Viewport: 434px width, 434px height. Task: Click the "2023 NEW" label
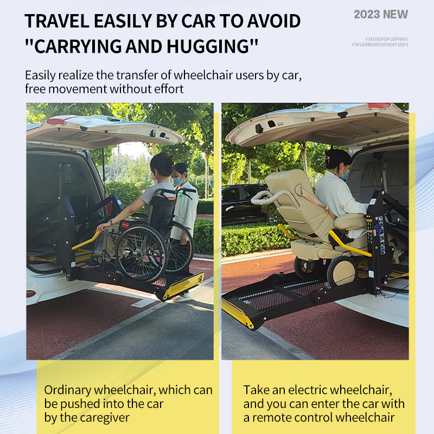(x=381, y=15)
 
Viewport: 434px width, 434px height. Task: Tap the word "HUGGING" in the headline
(x=212, y=46)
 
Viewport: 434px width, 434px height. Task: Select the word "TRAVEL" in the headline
(x=57, y=21)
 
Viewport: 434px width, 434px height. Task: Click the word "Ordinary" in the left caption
(x=67, y=390)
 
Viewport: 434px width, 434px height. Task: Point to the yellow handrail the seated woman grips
(x=86, y=240)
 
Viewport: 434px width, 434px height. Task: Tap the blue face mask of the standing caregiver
(x=178, y=181)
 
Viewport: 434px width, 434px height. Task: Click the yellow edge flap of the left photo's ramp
(x=183, y=286)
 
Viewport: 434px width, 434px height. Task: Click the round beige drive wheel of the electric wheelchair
(x=342, y=271)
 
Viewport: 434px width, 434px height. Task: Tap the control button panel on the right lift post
(x=381, y=235)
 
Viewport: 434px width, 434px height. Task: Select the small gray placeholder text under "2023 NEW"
(x=380, y=42)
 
